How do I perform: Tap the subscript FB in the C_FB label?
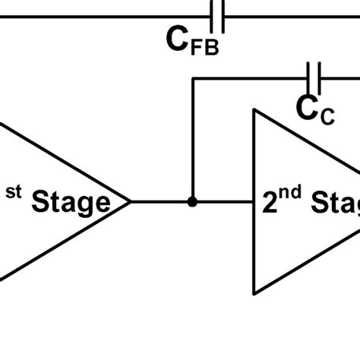[x=204, y=48]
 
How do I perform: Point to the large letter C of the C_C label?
[x=308, y=109]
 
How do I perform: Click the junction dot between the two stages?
[x=193, y=202]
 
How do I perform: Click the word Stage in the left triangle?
[x=68, y=203]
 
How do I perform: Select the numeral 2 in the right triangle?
[x=271, y=204]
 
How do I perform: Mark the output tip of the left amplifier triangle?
[x=131, y=202]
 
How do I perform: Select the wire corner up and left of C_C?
[x=194, y=77]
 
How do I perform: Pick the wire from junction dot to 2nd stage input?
[x=224, y=202]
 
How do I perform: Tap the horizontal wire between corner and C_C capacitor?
[x=251, y=77]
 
